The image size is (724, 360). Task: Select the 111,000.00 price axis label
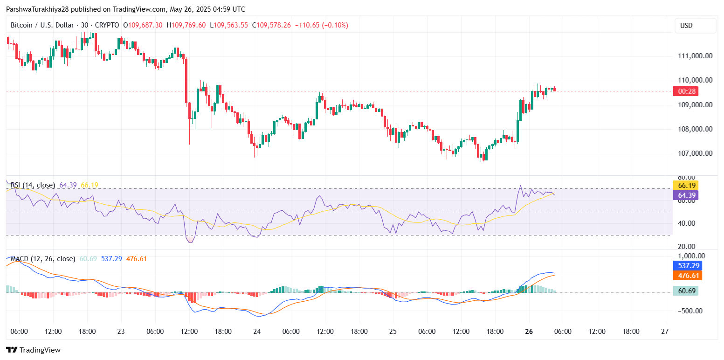pyautogui.click(x=695, y=56)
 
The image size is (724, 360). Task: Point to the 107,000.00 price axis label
pyautogui.click(x=695, y=153)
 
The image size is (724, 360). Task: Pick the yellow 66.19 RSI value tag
pyautogui.click(x=688, y=185)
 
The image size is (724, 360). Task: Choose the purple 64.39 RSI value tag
pyautogui.click(x=688, y=195)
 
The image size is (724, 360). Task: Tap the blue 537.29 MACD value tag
pyautogui.click(x=688, y=265)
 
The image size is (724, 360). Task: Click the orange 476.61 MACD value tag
pyautogui.click(x=688, y=276)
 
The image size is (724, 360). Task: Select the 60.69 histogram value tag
pyautogui.click(x=688, y=291)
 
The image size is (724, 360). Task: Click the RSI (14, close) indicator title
pyautogui.click(x=33, y=185)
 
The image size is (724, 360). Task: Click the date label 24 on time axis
pyautogui.click(x=257, y=332)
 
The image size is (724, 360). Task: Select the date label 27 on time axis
pyautogui.click(x=665, y=332)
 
